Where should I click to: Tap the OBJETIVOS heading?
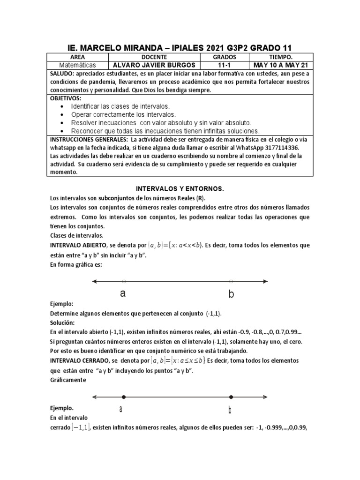pos(66,98)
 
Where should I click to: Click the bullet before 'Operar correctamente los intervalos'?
pos(63,115)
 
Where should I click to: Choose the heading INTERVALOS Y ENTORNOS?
pos(180,188)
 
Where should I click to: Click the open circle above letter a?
pos(123,281)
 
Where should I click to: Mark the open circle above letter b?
pos(231,281)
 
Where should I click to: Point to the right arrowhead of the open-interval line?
pos(265,281)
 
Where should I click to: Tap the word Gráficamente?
pos(68,380)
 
